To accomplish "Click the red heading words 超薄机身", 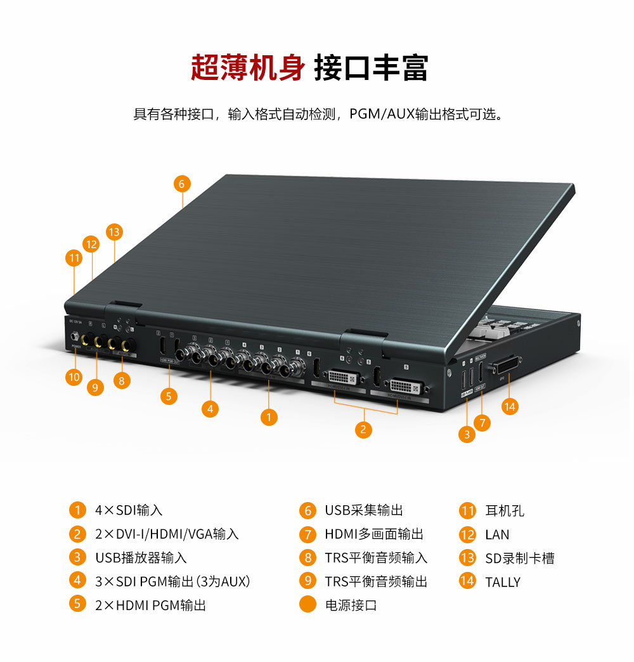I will pyautogui.click(x=248, y=68).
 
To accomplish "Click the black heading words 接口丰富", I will pyautogui.click(x=371, y=68).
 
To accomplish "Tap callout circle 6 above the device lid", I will pyautogui.click(x=181, y=184).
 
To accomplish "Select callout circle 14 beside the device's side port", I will pyautogui.click(x=510, y=406).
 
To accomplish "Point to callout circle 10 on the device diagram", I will pyautogui.click(x=74, y=377).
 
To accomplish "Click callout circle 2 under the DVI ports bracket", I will pyautogui.click(x=363, y=430).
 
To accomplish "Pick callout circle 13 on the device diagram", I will pyautogui.click(x=113, y=232).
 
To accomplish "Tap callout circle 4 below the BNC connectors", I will pyautogui.click(x=210, y=409).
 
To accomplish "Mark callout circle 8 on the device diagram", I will pyautogui.click(x=121, y=380).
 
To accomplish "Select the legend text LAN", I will pyautogui.click(x=497, y=535).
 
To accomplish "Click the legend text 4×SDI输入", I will pyautogui.click(x=129, y=510).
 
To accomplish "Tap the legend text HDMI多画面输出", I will pyautogui.click(x=374, y=534).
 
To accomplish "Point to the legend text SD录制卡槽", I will pyautogui.click(x=519, y=559).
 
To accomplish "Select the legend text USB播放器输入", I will pyautogui.click(x=141, y=558).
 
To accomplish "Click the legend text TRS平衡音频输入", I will pyautogui.click(x=376, y=558).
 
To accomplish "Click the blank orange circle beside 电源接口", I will pyautogui.click(x=307, y=604).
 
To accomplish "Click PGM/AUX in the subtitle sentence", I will pyautogui.click(x=382, y=115).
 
